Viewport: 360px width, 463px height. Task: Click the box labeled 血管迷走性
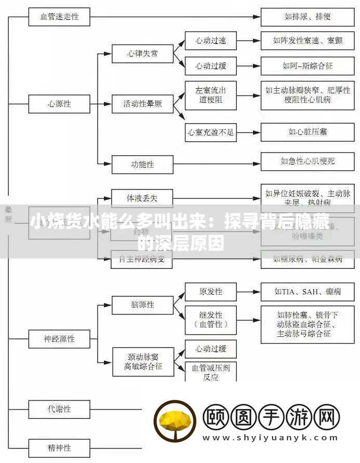pos(59,17)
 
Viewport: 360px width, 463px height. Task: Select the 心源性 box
pos(59,104)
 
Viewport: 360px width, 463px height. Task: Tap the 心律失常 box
pos(142,53)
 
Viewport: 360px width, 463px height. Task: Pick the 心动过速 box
pos(210,40)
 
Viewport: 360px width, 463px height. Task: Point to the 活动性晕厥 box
pos(142,104)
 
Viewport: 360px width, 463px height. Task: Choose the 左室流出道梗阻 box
pos(210,95)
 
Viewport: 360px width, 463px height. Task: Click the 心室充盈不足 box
pos(210,132)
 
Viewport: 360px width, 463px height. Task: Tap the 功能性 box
pos(142,165)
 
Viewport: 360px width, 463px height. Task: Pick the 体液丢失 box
pos(142,198)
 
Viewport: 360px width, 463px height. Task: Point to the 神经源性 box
pos(59,339)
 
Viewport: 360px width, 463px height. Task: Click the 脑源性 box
pos(142,305)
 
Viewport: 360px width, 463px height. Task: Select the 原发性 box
pos(210,292)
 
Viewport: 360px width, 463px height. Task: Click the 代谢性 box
pos(59,408)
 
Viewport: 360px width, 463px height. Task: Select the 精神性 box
pos(59,447)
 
